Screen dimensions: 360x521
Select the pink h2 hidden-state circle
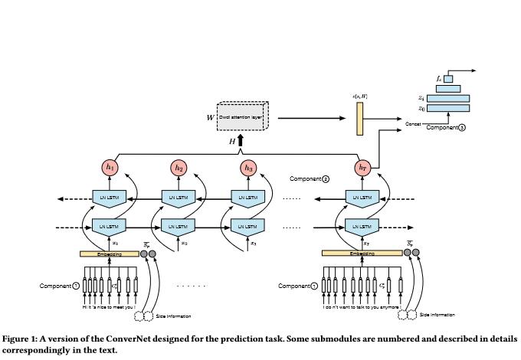(x=179, y=167)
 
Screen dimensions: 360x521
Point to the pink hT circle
(x=362, y=167)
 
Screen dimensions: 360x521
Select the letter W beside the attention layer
(x=210, y=119)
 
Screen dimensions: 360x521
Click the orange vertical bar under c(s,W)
(x=359, y=118)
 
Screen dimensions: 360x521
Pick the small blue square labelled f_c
(x=448, y=78)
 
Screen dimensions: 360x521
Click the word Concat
(x=415, y=122)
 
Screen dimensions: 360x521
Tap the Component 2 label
(x=309, y=178)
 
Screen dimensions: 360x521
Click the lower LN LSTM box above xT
(x=362, y=227)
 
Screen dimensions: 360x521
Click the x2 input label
(x=182, y=243)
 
